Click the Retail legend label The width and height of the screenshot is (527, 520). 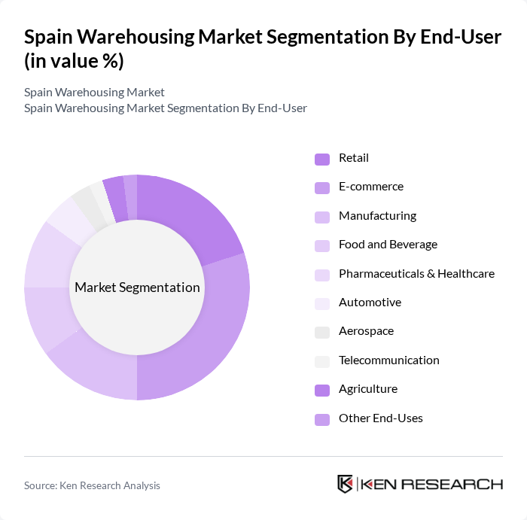pyautogui.click(x=354, y=158)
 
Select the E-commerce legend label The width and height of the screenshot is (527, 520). pyautogui.click(x=370, y=187)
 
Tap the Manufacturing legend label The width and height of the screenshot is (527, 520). pyautogui.click(x=377, y=216)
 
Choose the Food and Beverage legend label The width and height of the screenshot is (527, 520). pyautogui.click(x=388, y=245)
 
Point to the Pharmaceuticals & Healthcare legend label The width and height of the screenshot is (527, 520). pyautogui.click(x=416, y=273)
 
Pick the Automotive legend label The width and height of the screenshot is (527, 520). pyautogui.click(x=370, y=303)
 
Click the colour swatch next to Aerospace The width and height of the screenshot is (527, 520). pyautogui.click(x=321, y=332)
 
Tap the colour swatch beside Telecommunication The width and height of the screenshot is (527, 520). pyautogui.click(x=321, y=361)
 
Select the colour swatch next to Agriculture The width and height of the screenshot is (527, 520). pyautogui.click(x=321, y=390)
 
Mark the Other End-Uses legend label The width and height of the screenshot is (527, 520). pyautogui.click(x=380, y=418)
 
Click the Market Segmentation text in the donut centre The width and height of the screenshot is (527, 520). pyautogui.click(x=137, y=287)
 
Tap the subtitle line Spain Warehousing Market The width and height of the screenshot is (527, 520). pyautogui.click(x=94, y=93)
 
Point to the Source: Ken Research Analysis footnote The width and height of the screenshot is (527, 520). pyautogui.click(x=92, y=485)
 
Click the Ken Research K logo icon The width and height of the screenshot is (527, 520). pyautogui.click(x=345, y=484)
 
